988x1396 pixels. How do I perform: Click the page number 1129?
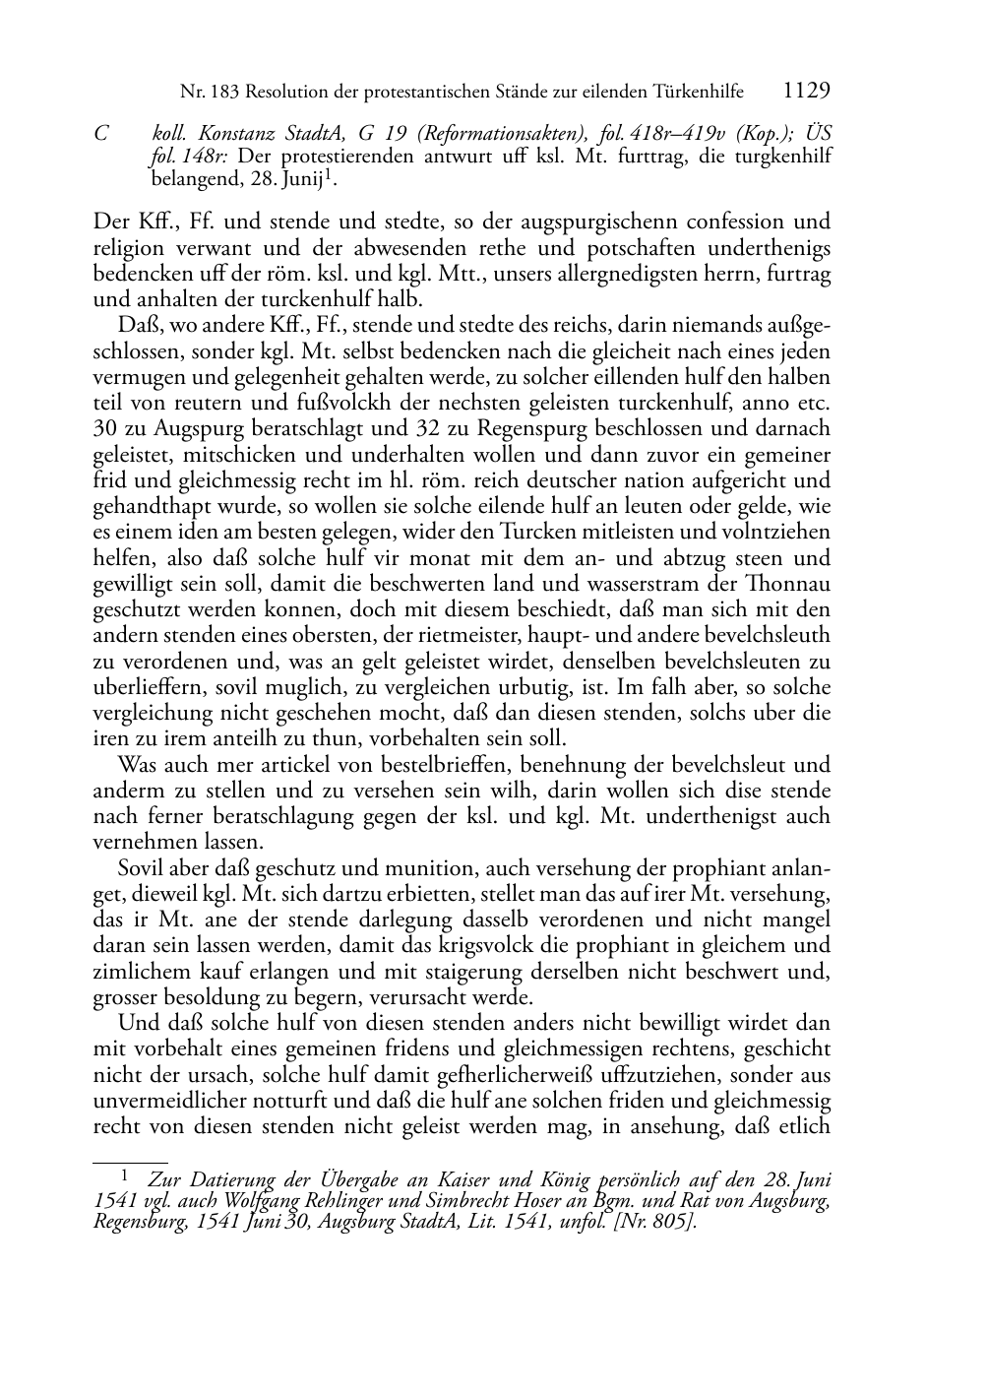click(x=807, y=91)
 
